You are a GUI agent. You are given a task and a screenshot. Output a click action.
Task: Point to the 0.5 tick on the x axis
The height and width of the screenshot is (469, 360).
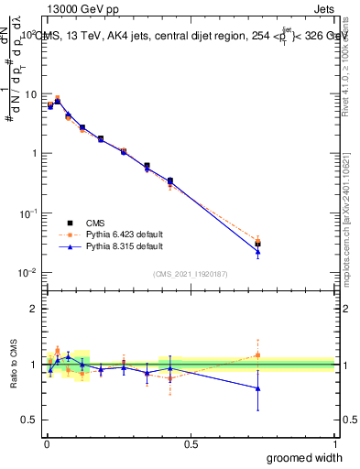190,443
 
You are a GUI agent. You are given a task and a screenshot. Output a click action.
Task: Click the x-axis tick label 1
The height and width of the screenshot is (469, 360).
333,443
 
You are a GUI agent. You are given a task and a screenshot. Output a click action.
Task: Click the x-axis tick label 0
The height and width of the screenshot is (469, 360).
46,443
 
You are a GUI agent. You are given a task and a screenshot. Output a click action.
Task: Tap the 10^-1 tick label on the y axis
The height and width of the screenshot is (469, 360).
28,213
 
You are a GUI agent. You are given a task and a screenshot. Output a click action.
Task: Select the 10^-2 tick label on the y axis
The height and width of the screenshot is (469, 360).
28,272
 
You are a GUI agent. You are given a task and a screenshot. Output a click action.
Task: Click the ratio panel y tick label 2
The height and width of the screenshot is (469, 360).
34,309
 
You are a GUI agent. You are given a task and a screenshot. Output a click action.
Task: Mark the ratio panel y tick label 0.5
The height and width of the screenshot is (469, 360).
30,420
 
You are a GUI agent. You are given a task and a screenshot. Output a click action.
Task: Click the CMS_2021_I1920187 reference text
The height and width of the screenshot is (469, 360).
190,274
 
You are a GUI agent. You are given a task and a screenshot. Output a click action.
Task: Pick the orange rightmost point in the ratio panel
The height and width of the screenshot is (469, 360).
258,355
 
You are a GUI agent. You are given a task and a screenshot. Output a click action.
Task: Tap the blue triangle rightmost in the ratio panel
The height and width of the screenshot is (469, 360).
258,388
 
